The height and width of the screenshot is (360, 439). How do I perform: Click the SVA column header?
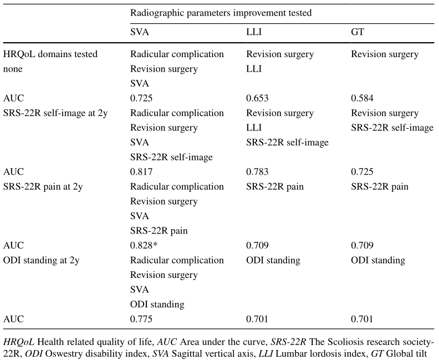(x=140, y=32)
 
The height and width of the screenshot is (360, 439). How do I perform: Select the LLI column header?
(x=254, y=32)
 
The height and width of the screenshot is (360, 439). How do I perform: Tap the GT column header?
(x=358, y=32)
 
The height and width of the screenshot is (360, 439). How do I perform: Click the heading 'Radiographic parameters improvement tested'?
(x=221, y=13)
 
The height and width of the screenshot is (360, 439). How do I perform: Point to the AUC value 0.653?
(x=257, y=98)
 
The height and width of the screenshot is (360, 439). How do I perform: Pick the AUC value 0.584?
(x=362, y=98)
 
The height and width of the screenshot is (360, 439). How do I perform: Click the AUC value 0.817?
(x=141, y=172)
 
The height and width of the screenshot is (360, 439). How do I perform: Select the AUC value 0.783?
(x=257, y=172)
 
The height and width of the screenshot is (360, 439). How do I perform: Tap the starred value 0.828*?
(x=144, y=245)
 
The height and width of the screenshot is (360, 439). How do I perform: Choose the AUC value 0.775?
(x=141, y=319)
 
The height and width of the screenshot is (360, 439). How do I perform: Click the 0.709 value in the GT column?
(x=362, y=245)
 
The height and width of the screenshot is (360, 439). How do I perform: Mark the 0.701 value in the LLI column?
(x=257, y=319)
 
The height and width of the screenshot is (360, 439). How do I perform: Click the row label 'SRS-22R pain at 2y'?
(x=43, y=187)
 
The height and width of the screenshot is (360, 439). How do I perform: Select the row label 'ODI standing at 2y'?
(x=41, y=261)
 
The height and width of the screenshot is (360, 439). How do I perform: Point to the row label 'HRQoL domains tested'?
(x=50, y=54)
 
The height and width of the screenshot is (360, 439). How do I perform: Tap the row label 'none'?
(x=13, y=69)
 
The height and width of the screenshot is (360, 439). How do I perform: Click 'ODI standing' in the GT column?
(x=378, y=261)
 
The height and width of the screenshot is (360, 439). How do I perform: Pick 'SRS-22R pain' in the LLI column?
(x=275, y=187)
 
